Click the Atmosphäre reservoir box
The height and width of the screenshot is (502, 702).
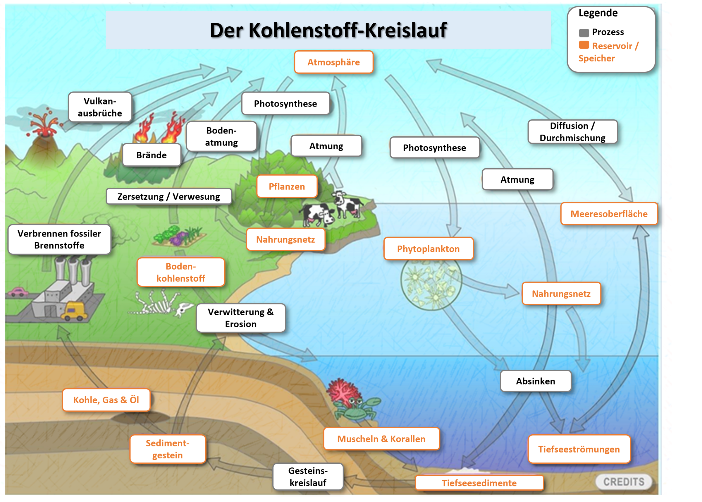click(333, 62)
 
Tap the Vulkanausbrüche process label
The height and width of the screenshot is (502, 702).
click(100, 107)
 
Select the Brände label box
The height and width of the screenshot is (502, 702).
click(151, 155)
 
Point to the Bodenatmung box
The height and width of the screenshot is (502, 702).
click(221, 136)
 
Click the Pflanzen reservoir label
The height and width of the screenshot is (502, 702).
click(287, 186)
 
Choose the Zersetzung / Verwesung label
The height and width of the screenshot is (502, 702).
click(169, 196)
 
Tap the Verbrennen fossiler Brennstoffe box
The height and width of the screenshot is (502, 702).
click(59, 239)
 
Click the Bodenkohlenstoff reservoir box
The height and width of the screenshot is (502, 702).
click(181, 272)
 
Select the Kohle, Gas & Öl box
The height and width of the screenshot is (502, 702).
click(106, 400)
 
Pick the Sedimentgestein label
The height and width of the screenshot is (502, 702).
click(167, 449)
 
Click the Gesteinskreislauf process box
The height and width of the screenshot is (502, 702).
click(308, 476)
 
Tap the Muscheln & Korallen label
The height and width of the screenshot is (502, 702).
click(381, 439)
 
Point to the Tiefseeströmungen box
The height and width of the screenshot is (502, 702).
click(579, 449)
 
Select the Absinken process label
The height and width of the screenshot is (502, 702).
click(536, 381)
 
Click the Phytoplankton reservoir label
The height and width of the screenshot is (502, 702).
click(428, 249)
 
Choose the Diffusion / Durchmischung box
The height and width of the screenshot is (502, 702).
click(572, 132)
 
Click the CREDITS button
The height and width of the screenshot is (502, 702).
click(624, 482)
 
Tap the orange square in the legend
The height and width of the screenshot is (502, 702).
click(584, 45)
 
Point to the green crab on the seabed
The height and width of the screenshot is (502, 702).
click(357, 408)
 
